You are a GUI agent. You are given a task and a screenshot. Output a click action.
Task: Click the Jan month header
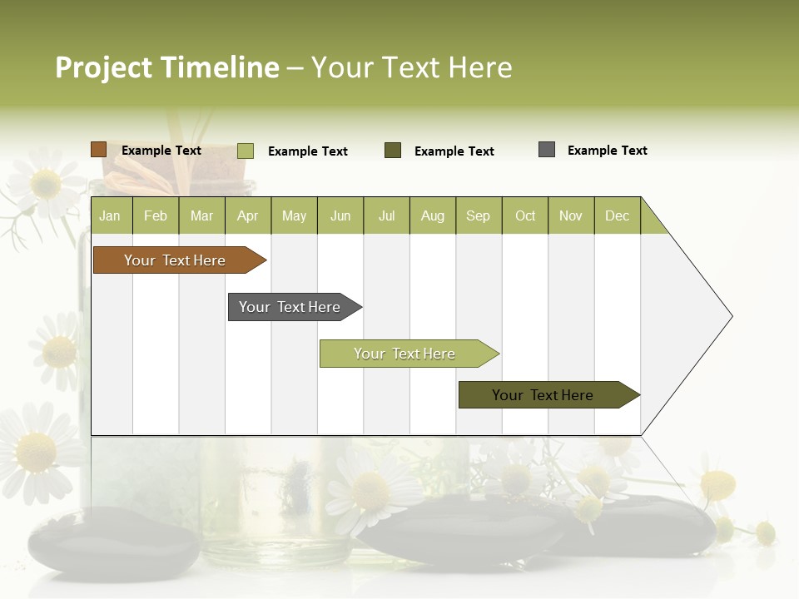coord(111,216)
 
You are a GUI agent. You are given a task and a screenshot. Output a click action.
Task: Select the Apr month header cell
coord(248,216)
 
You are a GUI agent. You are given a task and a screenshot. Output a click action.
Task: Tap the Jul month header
coord(386,216)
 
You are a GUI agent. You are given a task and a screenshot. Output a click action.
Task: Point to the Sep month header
coord(479,216)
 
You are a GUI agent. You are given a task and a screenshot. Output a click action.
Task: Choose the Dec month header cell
coord(617,216)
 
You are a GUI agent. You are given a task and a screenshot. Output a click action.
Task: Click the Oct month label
coord(525,216)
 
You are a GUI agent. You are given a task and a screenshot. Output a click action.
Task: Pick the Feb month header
coord(156,216)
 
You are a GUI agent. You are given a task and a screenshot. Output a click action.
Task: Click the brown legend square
coord(99,150)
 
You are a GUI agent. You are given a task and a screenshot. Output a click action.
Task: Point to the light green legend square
coord(246,151)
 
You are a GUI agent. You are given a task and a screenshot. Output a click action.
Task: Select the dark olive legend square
coord(393,150)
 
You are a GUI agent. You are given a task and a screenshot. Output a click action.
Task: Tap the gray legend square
coord(547,150)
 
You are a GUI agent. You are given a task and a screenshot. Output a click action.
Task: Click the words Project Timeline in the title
coord(167,67)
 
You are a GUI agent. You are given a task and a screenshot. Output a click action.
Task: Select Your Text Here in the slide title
coord(412,67)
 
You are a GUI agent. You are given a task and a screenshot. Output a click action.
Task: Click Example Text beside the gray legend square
coord(607,151)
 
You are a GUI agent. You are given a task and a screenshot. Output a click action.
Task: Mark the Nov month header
coord(571,216)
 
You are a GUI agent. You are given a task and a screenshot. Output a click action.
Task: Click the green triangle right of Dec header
coord(652,221)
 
